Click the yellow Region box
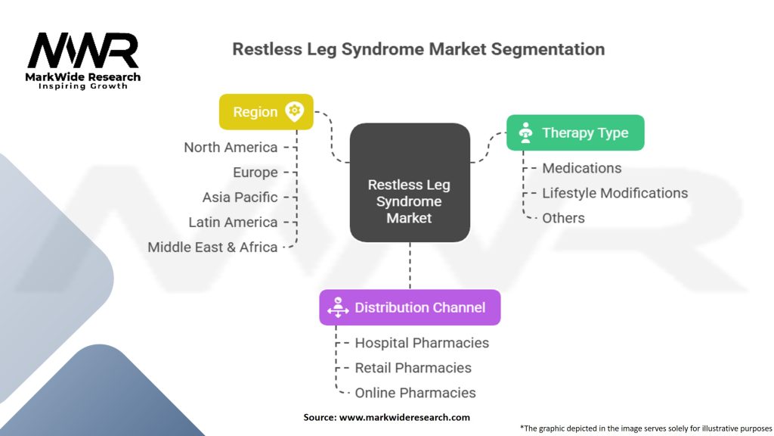click(266, 112)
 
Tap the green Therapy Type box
click(575, 132)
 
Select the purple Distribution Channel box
click(410, 307)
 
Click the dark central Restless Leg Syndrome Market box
click(410, 182)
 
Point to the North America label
click(231, 148)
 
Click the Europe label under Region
click(255, 172)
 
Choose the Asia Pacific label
click(240, 198)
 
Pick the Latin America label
click(233, 222)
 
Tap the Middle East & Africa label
click(212, 248)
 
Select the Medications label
click(582, 168)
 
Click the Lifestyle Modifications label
click(615, 193)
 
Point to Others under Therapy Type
click(563, 218)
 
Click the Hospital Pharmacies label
click(422, 343)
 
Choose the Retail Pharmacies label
click(413, 368)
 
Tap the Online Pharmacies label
click(415, 393)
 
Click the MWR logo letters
click(83, 51)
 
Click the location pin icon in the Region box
click(294, 112)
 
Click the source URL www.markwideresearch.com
click(404, 417)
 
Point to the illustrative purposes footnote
click(646, 428)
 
